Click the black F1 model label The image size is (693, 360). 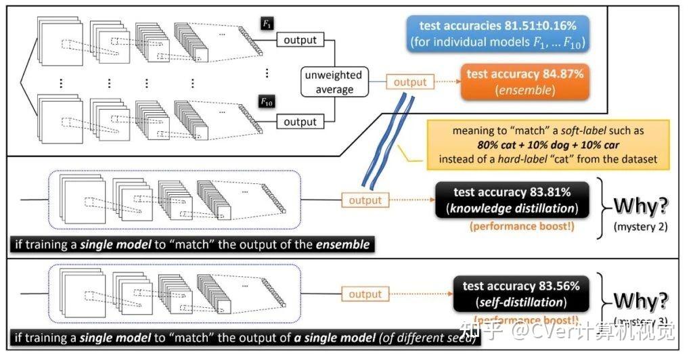[x=266, y=24]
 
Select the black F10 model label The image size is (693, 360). [x=267, y=103]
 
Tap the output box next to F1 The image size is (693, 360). [x=300, y=41]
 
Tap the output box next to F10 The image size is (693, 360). [x=300, y=122]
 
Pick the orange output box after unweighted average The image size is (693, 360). [x=410, y=83]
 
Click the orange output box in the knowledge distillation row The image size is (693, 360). [x=365, y=200]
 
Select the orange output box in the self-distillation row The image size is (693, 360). [x=365, y=294]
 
